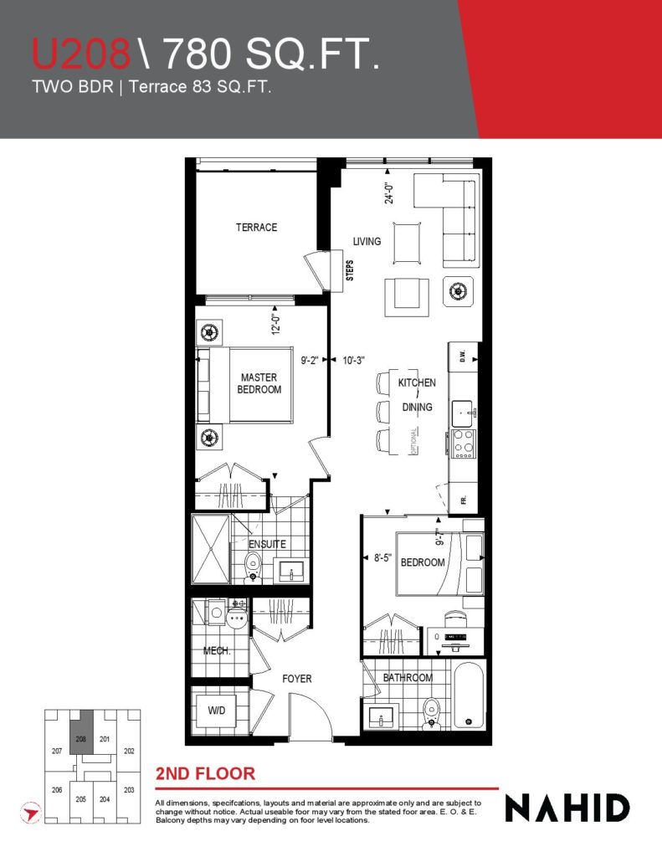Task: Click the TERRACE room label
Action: click(x=256, y=228)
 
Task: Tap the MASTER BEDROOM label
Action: click(x=259, y=383)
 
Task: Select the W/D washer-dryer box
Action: click(x=216, y=711)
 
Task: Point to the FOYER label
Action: click(x=297, y=679)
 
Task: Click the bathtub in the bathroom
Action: click(x=469, y=695)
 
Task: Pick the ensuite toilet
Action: click(x=253, y=567)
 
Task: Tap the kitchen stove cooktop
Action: click(x=463, y=444)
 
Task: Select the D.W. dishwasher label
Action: click(x=463, y=356)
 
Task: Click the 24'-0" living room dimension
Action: click(x=389, y=193)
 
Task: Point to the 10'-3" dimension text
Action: click(x=353, y=360)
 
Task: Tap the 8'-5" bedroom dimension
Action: click(x=382, y=558)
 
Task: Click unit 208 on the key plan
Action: click(x=81, y=739)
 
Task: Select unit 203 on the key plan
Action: click(x=129, y=790)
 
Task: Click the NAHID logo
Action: click(x=567, y=808)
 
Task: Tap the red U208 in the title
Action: click(x=81, y=53)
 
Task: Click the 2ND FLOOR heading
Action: click(x=206, y=774)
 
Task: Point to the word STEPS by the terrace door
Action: click(x=350, y=270)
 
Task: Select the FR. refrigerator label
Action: click(x=464, y=499)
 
